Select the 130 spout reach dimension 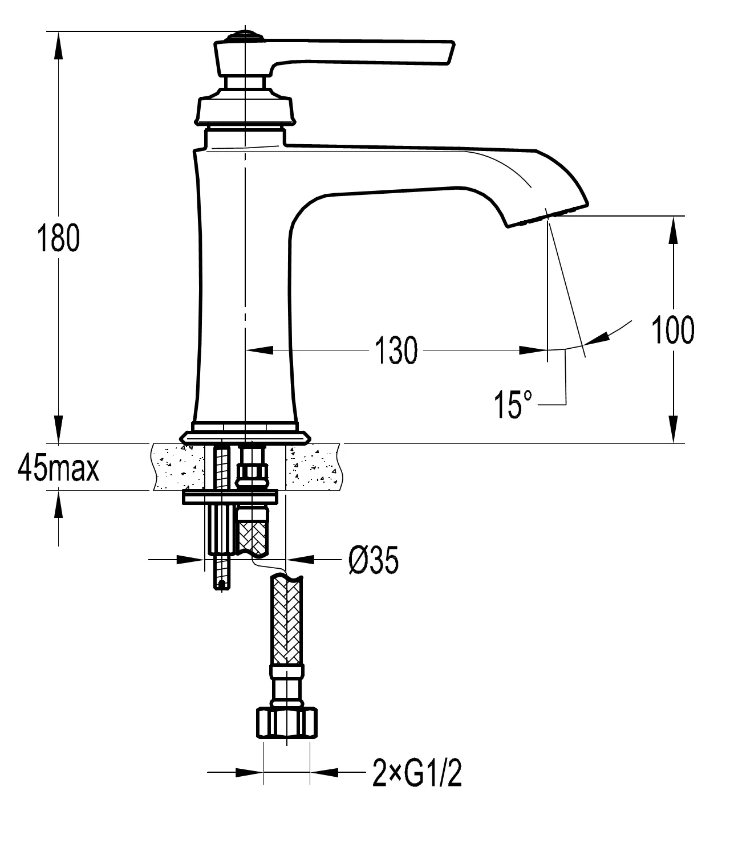396,350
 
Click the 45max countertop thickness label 58,469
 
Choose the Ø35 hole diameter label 374,561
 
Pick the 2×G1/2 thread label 417,774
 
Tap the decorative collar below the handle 246,108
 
